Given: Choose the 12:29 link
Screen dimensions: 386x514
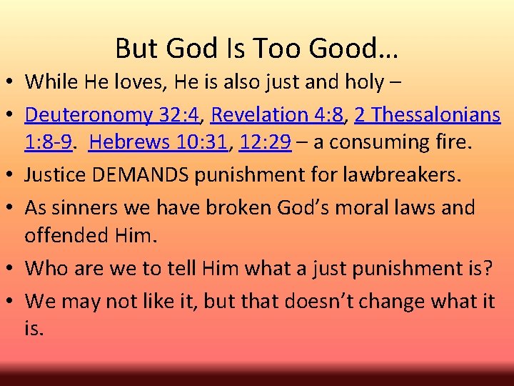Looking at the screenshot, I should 266,142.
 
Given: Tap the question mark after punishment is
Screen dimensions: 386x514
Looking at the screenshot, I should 488,268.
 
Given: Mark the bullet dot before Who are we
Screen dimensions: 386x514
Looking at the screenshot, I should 14,269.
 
